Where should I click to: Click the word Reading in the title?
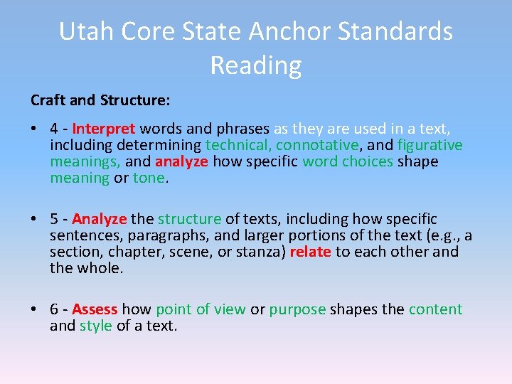pyautogui.click(x=256, y=65)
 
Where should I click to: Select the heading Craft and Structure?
pyautogui.click(x=100, y=100)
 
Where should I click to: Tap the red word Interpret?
pyautogui.click(x=104, y=129)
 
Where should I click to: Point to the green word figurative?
pyautogui.click(x=430, y=146)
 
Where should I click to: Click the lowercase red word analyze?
pyautogui.click(x=182, y=162)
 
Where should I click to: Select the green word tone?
pyautogui.click(x=149, y=178)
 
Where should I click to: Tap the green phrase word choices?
pyautogui.click(x=348, y=162)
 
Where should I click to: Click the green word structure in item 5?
pyautogui.click(x=190, y=219)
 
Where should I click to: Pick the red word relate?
pyautogui.click(x=311, y=252)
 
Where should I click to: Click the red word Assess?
pyautogui.click(x=95, y=309)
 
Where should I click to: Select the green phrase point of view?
pyautogui.click(x=201, y=309)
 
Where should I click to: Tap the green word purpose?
pyautogui.click(x=297, y=309)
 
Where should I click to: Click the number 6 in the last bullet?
pyautogui.click(x=54, y=309)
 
